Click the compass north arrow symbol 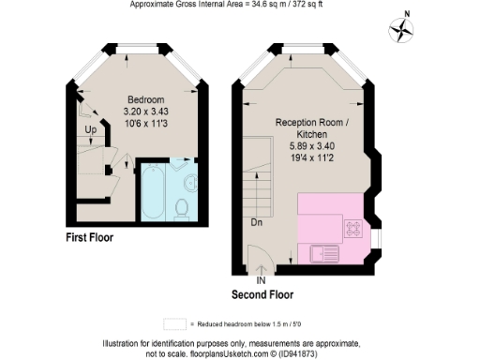402,30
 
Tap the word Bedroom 145,99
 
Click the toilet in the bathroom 184,207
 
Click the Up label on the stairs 90,129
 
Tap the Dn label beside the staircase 256,223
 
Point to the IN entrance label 261,279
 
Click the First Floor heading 89,238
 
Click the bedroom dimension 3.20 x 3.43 145,112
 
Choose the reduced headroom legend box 174,322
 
